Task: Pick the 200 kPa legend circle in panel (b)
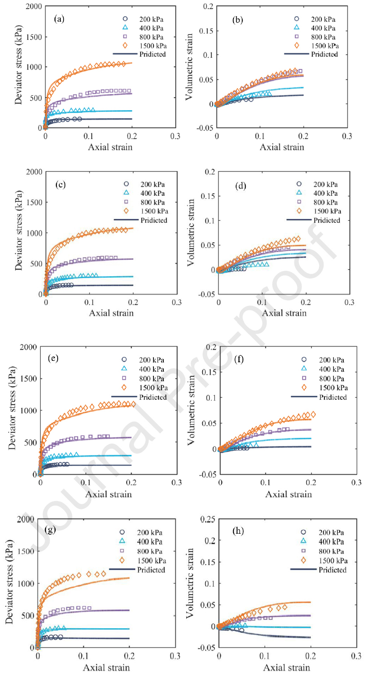click(297, 19)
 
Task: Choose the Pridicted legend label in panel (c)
click(153, 220)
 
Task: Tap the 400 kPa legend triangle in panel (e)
click(124, 368)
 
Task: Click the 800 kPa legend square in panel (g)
click(122, 551)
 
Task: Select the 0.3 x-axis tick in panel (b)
click(346, 135)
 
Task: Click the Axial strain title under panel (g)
click(107, 668)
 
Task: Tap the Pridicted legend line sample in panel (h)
click(303, 569)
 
